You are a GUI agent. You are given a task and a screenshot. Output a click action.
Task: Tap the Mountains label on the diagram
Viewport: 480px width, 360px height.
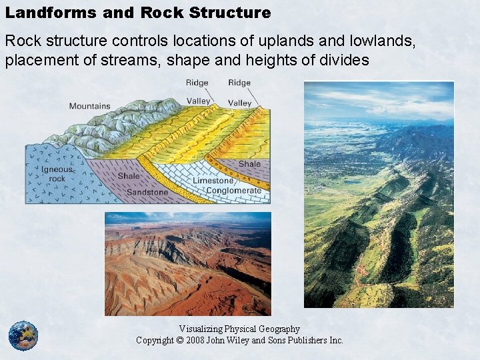(x=90, y=107)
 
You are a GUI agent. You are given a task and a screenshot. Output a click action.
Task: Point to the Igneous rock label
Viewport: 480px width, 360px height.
(x=57, y=175)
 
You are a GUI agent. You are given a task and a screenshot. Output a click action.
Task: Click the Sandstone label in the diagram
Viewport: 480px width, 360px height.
(x=147, y=192)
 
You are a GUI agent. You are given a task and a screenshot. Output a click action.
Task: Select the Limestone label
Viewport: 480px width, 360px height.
(x=213, y=180)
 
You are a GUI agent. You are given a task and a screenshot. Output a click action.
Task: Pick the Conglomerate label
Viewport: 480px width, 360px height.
(x=233, y=191)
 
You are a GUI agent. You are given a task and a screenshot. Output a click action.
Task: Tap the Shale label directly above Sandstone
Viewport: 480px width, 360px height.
(x=129, y=177)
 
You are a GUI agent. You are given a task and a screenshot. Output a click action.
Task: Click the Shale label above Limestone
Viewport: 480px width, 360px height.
(x=249, y=164)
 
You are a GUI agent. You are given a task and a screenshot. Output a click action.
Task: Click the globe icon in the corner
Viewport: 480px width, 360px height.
(x=23, y=335)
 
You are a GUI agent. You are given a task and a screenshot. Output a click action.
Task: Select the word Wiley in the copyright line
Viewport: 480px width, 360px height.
(x=253, y=341)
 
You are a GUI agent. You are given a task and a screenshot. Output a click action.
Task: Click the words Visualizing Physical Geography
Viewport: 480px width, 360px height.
(x=239, y=329)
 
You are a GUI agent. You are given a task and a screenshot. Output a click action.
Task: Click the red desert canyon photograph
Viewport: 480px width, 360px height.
(x=187, y=263)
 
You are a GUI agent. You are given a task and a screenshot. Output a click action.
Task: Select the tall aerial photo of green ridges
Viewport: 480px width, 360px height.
(x=378, y=194)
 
